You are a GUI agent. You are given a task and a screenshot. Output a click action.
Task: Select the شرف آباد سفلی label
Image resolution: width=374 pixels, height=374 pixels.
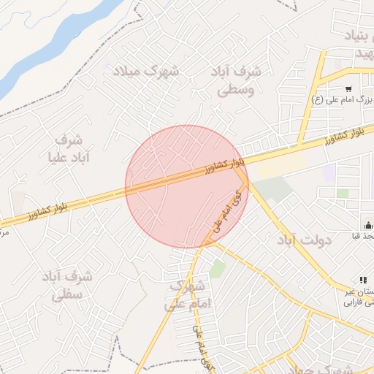[x=67, y=286]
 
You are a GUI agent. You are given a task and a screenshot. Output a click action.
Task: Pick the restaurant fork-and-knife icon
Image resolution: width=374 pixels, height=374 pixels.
[x=362, y=280]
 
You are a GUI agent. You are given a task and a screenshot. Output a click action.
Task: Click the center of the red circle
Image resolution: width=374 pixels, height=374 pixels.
[x=187, y=186]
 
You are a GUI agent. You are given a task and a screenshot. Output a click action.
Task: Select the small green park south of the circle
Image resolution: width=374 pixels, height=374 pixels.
[x=217, y=269]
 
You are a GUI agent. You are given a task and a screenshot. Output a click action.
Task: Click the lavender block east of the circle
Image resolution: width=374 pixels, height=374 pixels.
[x=329, y=173]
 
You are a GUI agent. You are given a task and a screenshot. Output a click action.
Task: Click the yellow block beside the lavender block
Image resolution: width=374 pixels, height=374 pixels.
[x=280, y=166]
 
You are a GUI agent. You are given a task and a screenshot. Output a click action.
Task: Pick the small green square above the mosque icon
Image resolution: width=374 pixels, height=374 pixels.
[x=343, y=194]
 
